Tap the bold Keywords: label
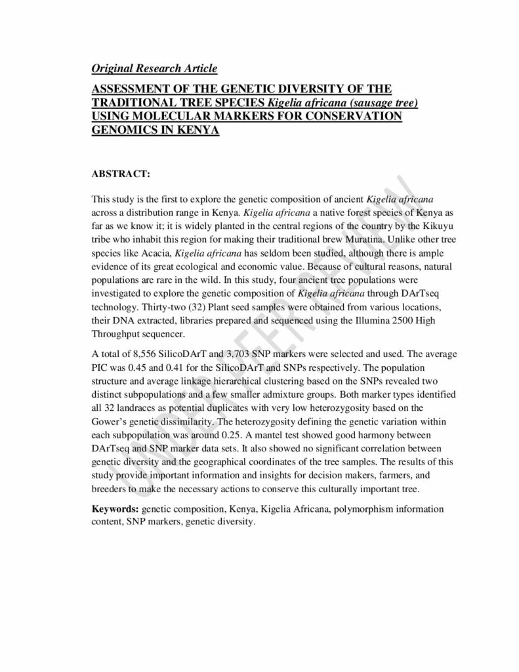tap(114, 509)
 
